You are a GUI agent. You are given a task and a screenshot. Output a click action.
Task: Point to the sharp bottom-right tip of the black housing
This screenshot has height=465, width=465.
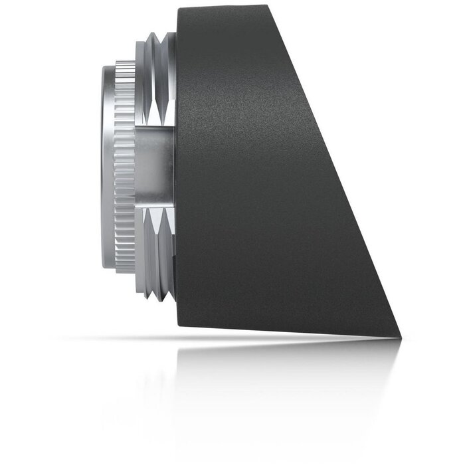[403, 337]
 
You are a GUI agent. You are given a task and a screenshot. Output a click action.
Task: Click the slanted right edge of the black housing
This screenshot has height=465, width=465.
[339, 173]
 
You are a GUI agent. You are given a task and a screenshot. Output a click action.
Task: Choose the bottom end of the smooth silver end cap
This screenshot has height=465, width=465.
[110, 266]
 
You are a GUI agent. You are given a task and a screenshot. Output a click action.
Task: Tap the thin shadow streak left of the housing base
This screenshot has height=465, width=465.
[120, 338]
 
